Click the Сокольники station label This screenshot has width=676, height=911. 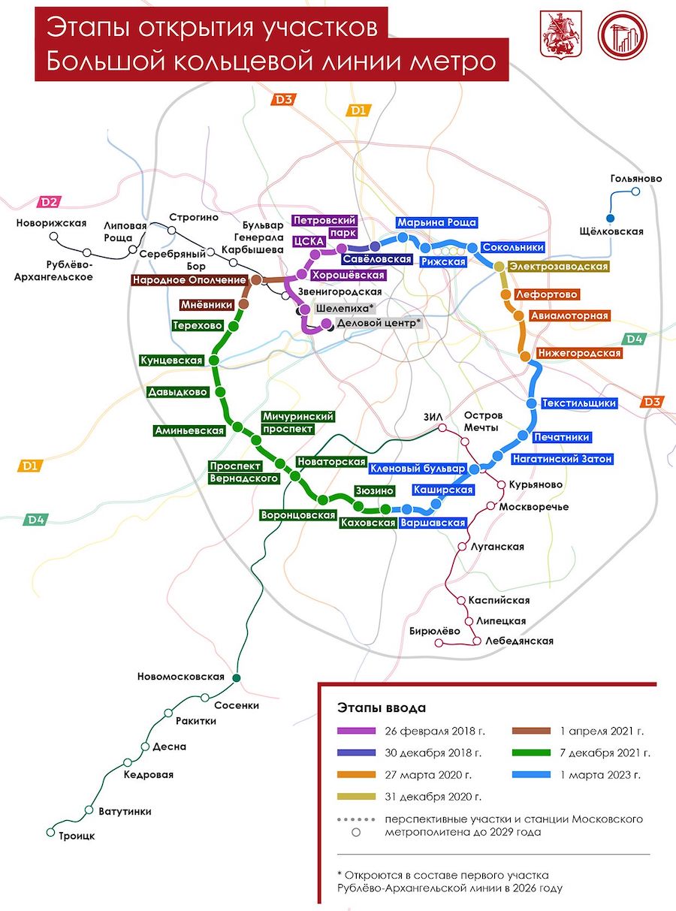click(512, 247)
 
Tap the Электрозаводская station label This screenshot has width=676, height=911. click(558, 267)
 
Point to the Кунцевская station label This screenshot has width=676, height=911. click(171, 360)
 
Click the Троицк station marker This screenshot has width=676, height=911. click(51, 832)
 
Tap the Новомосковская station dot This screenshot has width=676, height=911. click(237, 677)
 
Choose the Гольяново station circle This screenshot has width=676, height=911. click(636, 192)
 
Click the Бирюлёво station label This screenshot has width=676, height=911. click(434, 631)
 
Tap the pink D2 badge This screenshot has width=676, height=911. click(50, 201)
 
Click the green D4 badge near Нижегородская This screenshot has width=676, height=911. click(634, 339)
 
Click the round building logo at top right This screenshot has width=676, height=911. click(622, 35)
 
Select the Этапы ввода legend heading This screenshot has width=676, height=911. click(382, 707)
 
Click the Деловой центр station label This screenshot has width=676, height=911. click(379, 322)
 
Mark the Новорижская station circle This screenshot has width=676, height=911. click(54, 236)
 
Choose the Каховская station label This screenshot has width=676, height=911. click(367, 523)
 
